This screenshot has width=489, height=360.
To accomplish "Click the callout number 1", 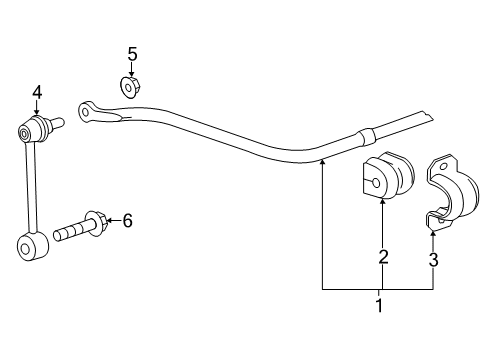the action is [x=378, y=305].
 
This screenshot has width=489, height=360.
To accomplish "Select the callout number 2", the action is [x=383, y=258].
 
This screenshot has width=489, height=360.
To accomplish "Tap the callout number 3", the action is [x=433, y=262].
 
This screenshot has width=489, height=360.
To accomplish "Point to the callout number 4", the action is [x=36, y=93].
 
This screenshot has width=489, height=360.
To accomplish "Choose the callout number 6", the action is [x=127, y=221].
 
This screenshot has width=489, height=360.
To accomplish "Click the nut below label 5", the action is [x=131, y=88].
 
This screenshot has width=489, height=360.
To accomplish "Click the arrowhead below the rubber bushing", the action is [x=383, y=203].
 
